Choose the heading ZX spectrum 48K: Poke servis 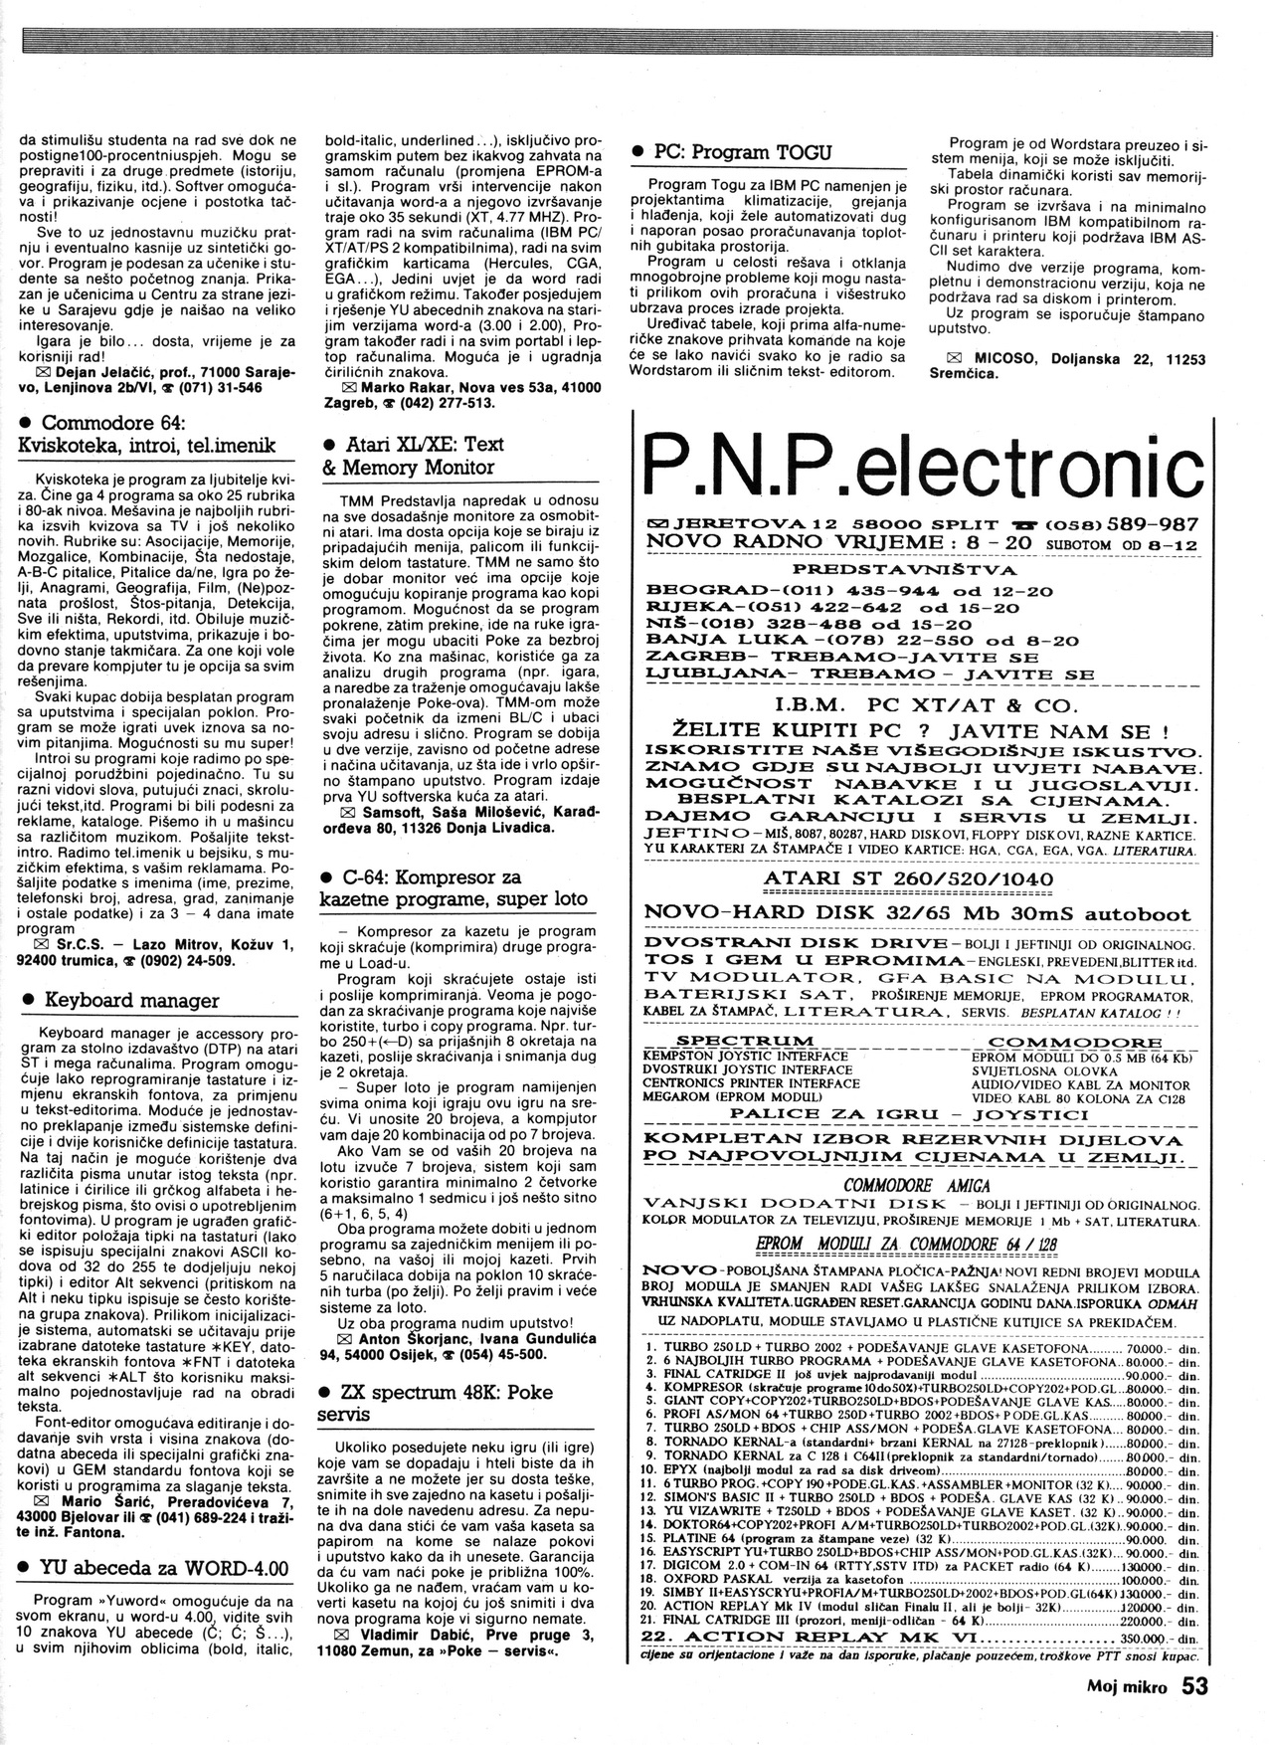pyautogui.click(x=444, y=1402)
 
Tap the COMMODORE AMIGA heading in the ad pyautogui.click(x=916, y=1185)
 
